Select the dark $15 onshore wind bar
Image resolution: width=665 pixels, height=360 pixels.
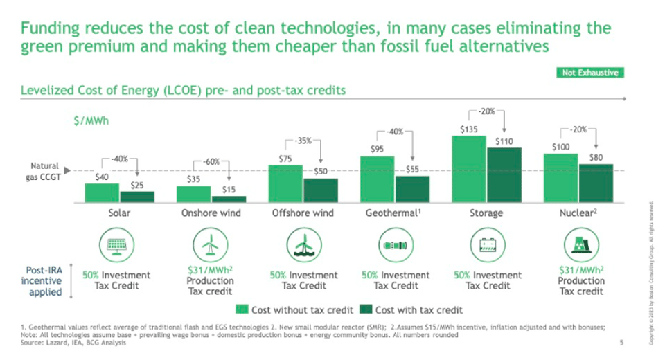pos(229,199)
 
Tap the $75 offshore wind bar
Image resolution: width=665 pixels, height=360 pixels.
pos(285,183)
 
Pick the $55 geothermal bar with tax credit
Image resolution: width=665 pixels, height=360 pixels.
pos(412,188)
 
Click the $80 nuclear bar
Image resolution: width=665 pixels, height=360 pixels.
pos(596,183)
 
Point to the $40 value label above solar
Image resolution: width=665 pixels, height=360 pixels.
pos(101,177)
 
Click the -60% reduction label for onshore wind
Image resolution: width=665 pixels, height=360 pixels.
pos(211,161)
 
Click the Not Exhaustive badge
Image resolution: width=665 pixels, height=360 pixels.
pos(590,73)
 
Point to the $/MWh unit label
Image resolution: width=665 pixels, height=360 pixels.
pos(91,120)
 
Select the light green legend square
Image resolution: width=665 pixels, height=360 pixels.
pos(242,309)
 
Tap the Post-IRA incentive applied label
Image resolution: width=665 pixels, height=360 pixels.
pos(41,281)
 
